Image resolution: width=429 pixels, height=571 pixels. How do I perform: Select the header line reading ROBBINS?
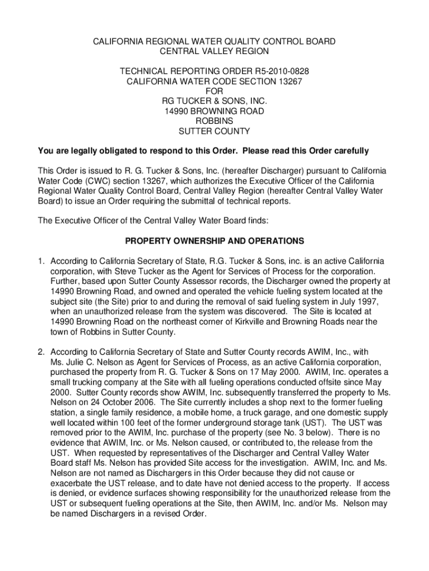pyautogui.click(x=214, y=121)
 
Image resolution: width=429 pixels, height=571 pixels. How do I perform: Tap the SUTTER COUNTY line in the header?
pyautogui.click(x=214, y=132)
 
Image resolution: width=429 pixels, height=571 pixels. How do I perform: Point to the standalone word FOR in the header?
pyautogui.click(x=214, y=91)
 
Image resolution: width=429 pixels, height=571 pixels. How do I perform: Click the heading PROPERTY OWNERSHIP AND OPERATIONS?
pyautogui.click(x=214, y=241)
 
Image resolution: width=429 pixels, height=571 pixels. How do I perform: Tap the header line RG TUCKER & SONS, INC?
pyautogui.click(x=214, y=101)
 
